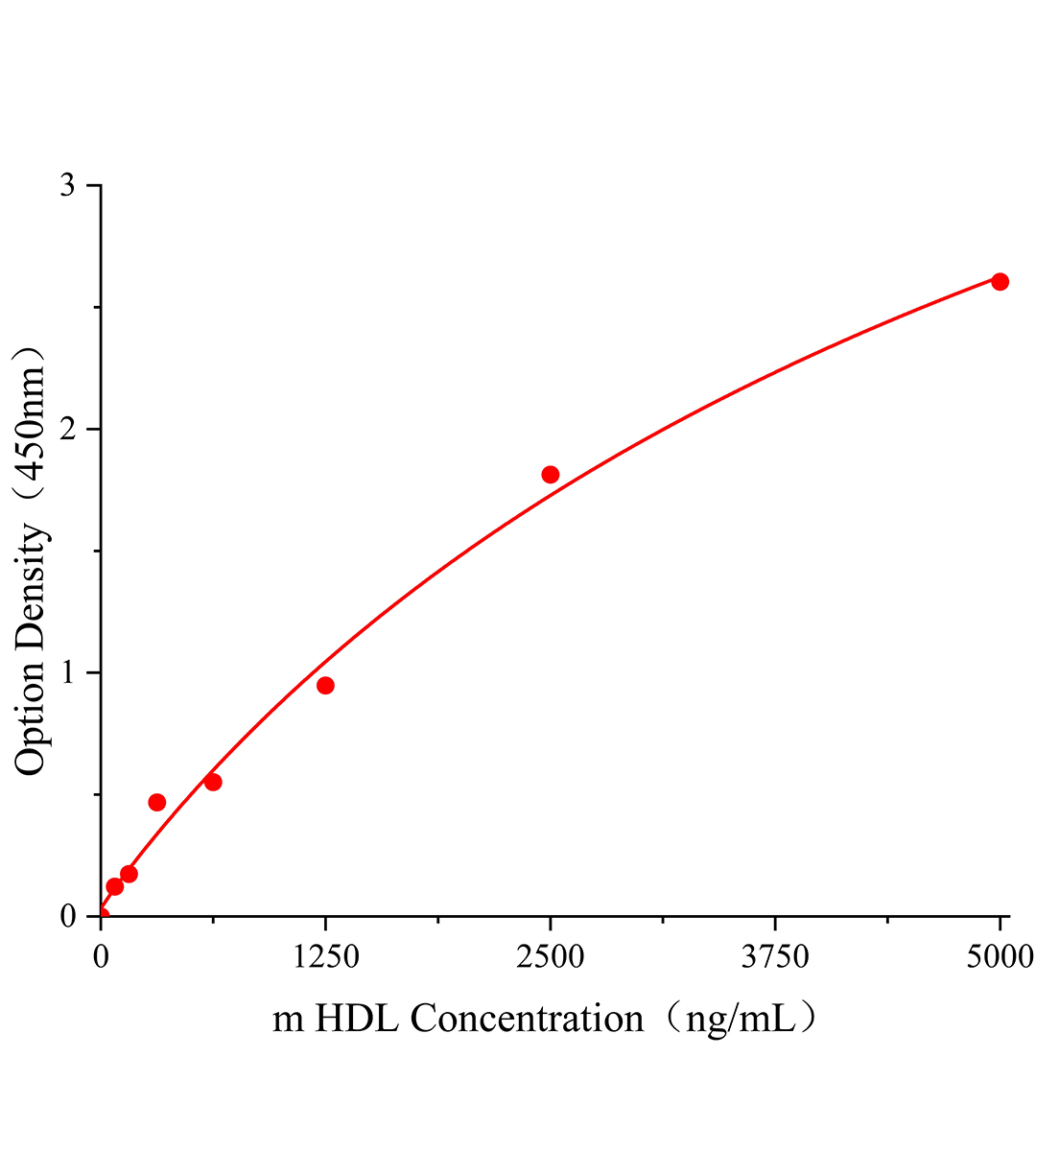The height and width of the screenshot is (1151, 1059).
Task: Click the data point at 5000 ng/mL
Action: [1000, 281]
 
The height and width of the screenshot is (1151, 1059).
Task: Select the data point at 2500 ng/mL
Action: [550, 475]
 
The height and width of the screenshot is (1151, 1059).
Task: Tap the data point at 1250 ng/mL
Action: [325, 685]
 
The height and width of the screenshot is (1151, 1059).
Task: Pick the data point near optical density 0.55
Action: [213, 782]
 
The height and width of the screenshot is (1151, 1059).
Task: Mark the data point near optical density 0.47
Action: [157, 802]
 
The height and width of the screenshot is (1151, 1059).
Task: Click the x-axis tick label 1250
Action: [325, 956]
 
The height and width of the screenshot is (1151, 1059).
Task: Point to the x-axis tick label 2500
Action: [550, 956]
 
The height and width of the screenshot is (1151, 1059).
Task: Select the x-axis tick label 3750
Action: [774, 956]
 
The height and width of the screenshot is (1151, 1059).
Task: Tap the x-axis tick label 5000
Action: [1000, 956]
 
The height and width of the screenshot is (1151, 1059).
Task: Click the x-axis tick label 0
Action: [101, 956]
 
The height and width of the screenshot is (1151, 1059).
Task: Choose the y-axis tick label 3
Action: [67, 185]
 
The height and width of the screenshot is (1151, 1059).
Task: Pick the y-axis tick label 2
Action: [67, 429]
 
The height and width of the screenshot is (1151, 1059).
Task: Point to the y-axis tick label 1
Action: [67, 672]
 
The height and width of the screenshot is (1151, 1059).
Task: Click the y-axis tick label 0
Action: [67, 916]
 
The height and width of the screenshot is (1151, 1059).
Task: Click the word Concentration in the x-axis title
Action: [528, 1019]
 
